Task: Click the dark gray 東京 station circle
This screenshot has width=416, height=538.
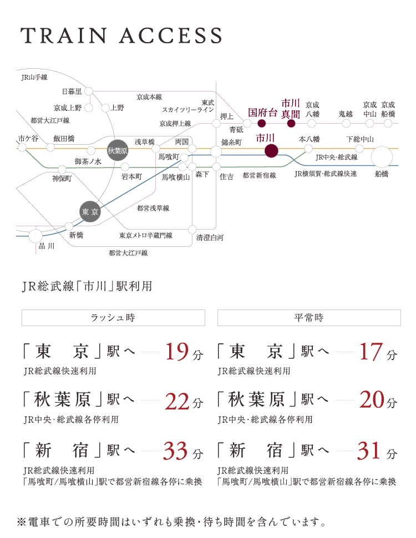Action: [x=90, y=211]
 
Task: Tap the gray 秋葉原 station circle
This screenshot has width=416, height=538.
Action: [x=118, y=150]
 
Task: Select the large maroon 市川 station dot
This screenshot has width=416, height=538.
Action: [x=271, y=151]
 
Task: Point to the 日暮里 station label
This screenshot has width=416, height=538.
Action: [x=72, y=92]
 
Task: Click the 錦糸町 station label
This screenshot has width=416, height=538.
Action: [x=231, y=143]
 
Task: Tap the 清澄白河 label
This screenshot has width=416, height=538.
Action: [x=210, y=237]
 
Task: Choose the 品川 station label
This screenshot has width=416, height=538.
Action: [x=47, y=246]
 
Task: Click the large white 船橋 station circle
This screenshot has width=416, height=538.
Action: [x=382, y=157]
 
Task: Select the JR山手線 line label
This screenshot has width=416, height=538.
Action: [x=34, y=78]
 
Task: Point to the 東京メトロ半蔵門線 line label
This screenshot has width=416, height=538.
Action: [x=145, y=235]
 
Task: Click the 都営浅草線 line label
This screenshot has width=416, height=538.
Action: [x=153, y=208]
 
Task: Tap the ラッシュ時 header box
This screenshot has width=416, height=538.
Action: [x=113, y=318]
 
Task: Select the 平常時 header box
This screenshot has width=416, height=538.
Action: [x=309, y=318]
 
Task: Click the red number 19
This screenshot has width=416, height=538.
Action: [x=177, y=352]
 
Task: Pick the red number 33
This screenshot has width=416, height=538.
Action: [x=176, y=450]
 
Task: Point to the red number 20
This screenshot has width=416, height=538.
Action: [x=372, y=400]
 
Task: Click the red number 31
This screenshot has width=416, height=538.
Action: [x=369, y=450]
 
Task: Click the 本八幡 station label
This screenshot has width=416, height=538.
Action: [x=310, y=139]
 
